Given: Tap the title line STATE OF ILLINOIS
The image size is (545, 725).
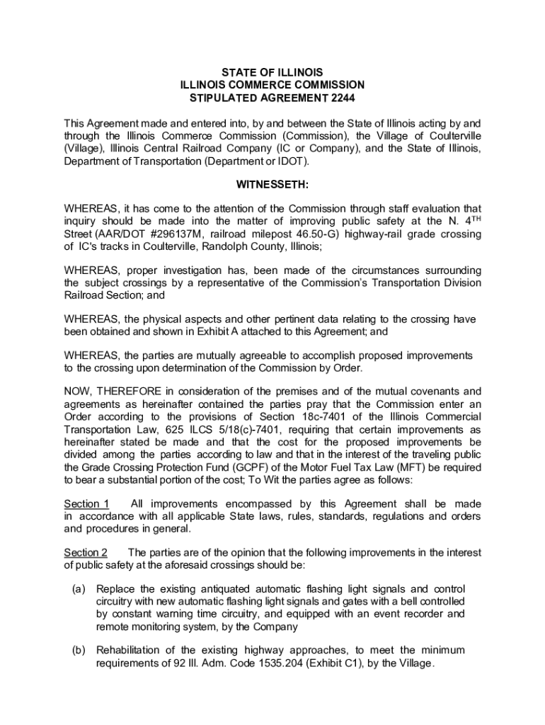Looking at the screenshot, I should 272,73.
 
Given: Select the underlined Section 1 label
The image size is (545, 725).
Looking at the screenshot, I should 86,503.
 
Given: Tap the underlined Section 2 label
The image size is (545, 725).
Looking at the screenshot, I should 86,552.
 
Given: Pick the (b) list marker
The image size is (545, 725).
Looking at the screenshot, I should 79,650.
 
